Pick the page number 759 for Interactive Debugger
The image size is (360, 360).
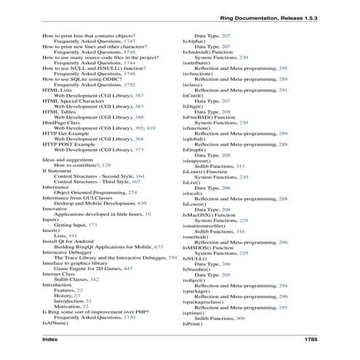172,258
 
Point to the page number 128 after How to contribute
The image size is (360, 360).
106,186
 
